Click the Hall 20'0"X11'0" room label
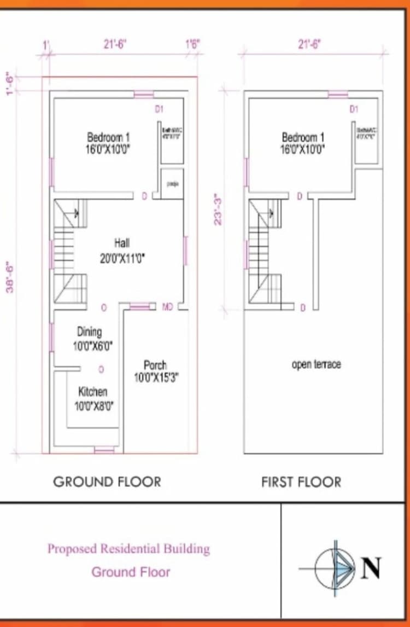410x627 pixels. (122, 251)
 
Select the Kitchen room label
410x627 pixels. (93, 398)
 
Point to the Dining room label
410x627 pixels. (89, 339)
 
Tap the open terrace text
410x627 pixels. (316, 364)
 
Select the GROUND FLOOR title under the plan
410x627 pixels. (107, 482)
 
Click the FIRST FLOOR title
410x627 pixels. (301, 482)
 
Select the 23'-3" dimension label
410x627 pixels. (219, 209)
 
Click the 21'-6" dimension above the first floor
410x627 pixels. (309, 45)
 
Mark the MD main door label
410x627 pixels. (168, 307)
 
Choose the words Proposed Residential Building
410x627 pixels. (128, 548)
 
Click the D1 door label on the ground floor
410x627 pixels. (159, 109)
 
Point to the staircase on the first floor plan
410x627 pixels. (265, 252)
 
